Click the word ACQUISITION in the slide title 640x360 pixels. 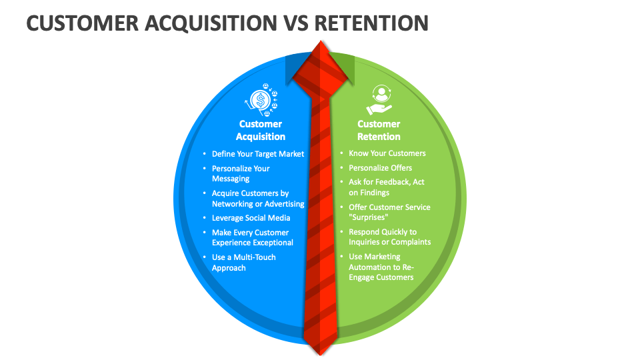[211, 23]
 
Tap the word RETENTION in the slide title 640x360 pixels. [371, 23]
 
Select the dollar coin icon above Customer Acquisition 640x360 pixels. [261, 99]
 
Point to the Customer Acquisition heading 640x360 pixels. [261, 130]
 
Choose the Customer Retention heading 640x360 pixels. [379, 130]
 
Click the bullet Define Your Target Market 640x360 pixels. [258, 154]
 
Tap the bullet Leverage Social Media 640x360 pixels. [251, 218]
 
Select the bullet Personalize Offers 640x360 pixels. [381, 168]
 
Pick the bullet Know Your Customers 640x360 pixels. [387, 153]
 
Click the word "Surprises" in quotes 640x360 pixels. [369, 217]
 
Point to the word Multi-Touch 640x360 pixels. [255, 257]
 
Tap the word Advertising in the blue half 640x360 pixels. [285, 204]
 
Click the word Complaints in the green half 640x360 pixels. [411, 242]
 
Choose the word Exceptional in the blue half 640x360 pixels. [272, 243]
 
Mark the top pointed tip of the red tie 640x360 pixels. [321, 41]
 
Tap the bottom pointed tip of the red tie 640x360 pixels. [321, 355]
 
